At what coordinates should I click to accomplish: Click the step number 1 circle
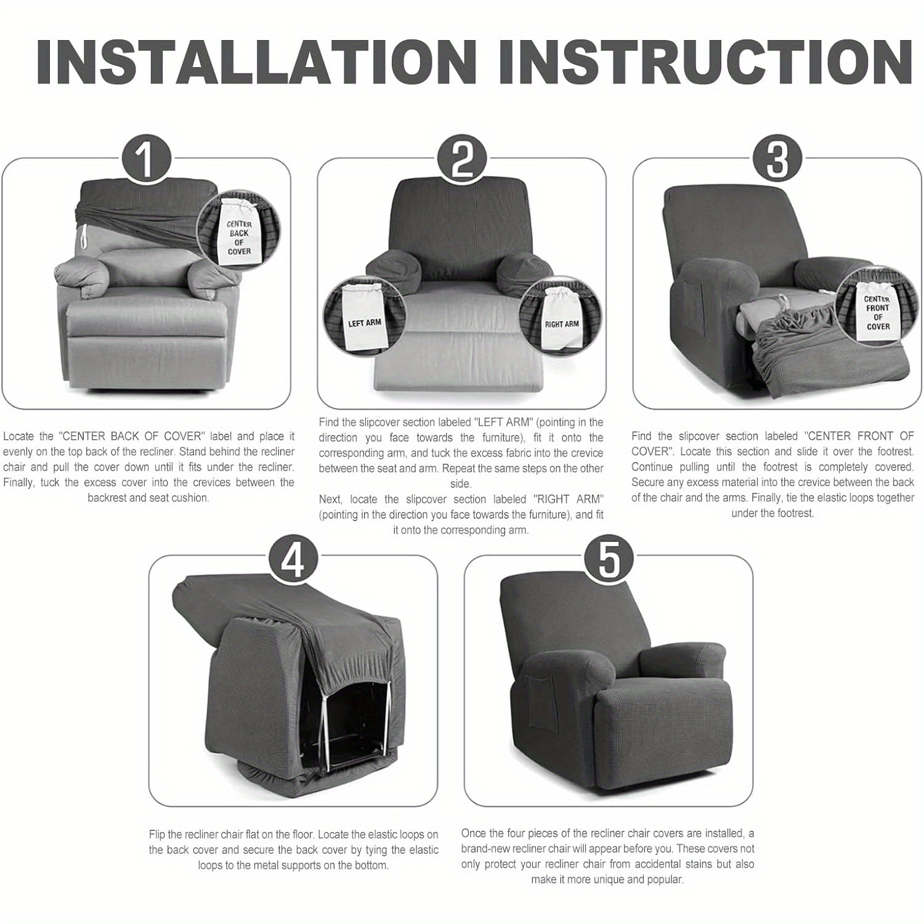pos(145,159)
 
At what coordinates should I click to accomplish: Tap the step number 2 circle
pos(461,159)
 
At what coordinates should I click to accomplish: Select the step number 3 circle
pos(777,159)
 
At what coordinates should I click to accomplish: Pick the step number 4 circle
pos(293,559)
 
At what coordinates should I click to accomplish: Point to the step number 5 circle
pos(608,559)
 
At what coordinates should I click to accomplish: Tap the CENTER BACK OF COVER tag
pos(239,237)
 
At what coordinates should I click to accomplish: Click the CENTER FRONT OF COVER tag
pos(877,312)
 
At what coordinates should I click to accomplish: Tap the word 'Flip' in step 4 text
pos(159,835)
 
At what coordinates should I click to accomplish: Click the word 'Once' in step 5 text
pos(474,833)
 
